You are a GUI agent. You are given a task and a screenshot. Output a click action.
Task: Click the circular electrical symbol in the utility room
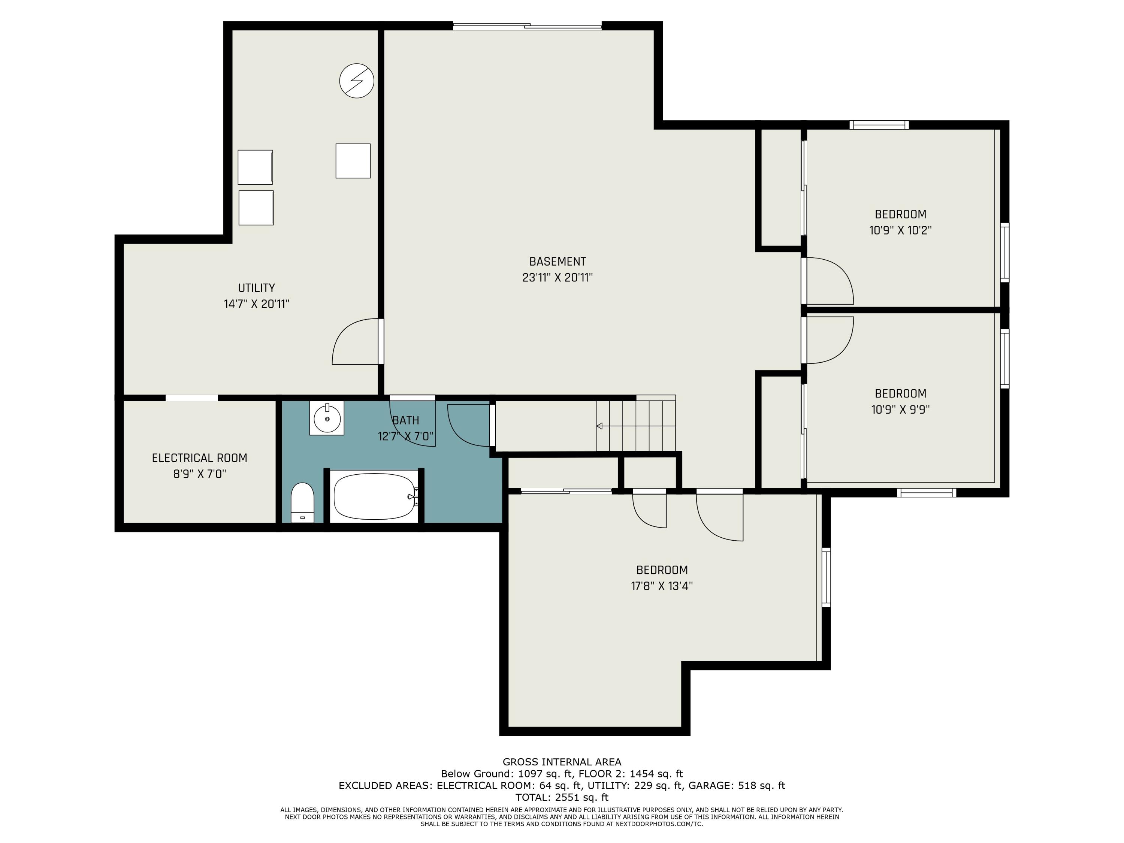click(x=357, y=81)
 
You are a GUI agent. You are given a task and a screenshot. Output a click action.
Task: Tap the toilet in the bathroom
click(x=302, y=502)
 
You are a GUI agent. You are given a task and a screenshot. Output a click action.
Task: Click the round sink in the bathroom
click(x=327, y=418)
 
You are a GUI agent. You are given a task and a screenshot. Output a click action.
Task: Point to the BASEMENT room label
click(x=558, y=262)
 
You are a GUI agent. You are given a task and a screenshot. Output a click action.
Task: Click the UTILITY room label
click(x=257, y=288)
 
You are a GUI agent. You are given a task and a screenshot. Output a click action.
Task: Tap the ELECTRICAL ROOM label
click(x=200, y=458)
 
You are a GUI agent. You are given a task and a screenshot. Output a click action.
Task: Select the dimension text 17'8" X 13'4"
click(x=662, y=586)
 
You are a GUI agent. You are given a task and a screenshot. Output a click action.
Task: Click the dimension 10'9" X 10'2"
click(x=900, y=230)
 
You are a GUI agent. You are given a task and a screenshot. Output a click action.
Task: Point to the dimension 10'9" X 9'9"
click(x=900, y=410)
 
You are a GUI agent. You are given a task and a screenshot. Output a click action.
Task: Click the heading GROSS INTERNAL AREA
click(x=562, y=762)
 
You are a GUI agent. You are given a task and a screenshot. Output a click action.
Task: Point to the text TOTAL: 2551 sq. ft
click(x=562, y=797)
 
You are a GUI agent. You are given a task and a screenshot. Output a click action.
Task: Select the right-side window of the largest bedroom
click(x=826, y=578)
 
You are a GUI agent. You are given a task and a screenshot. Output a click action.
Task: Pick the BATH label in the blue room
click(x=405, y=421)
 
